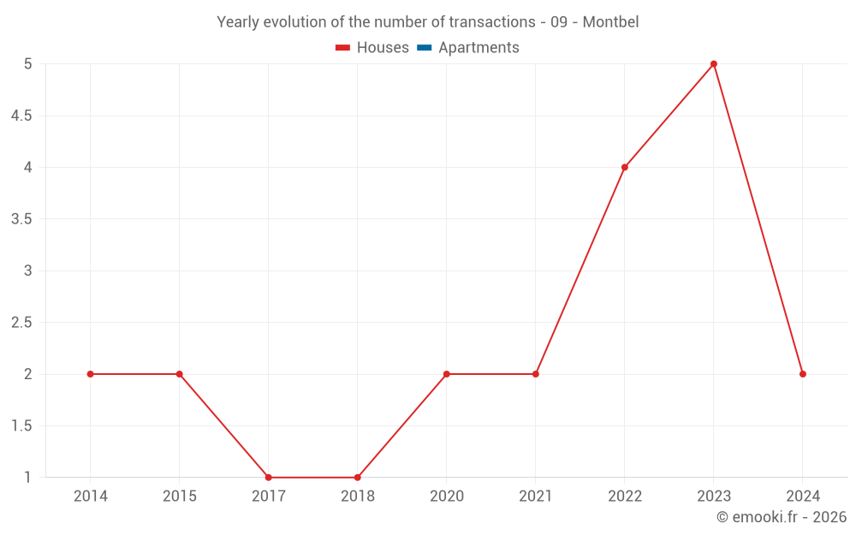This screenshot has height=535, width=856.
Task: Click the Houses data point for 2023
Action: click(x=713, y=64)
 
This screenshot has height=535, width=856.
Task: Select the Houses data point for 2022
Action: click(x=624, y=167)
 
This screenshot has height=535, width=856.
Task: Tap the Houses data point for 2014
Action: click(x=90, y=374)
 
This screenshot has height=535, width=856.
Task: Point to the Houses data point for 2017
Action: click(x=268, y=478)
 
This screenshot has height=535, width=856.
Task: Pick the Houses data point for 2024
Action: click(x=802, y=374)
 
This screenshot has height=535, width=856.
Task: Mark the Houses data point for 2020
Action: click(x=446, y=374)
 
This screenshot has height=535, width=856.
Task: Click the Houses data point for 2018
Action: click(x=357, y=478)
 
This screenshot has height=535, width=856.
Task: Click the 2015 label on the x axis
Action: click(x=179, y=496)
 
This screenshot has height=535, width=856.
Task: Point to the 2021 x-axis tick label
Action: click(x=535, y=496)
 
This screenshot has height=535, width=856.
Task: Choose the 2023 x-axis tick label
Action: click(x=713, y=496)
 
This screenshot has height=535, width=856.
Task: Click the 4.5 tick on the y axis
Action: click(x=21, y=116)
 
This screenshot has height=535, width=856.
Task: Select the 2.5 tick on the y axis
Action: click(x=21, y=323)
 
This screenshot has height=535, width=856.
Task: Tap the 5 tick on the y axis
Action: click(x=27, y=64)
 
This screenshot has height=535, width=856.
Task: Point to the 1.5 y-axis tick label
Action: click(x=21, y=426)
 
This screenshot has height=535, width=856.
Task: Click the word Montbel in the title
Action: click(x=610, y=22)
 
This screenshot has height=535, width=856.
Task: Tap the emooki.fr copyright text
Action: click(x=781, y=517)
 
